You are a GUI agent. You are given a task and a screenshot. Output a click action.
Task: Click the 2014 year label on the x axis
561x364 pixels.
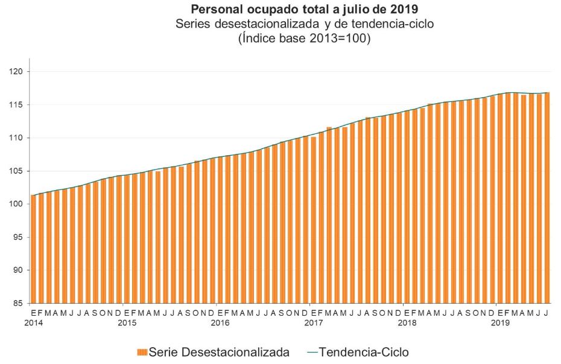point(33,323)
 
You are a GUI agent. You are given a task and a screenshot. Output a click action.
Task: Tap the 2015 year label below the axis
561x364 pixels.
point(126,323)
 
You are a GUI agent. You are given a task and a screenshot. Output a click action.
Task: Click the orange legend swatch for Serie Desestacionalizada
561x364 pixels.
point(142,352)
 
